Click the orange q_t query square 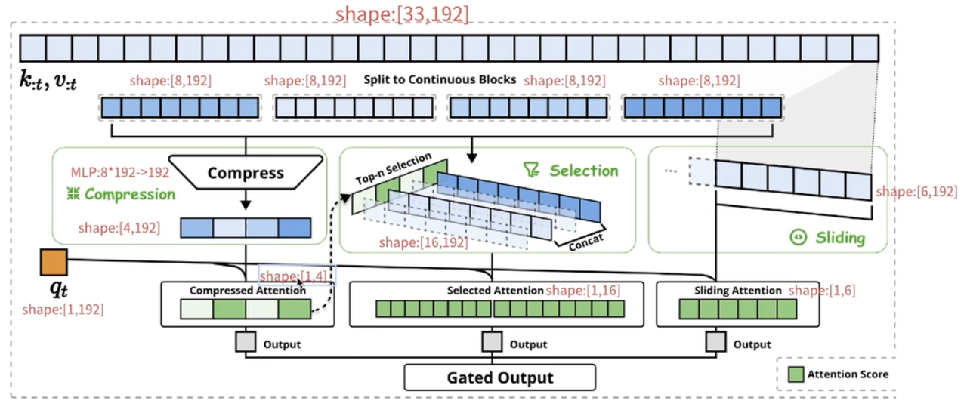[53, 263]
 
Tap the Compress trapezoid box [246, 173]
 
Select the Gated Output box [499, 377]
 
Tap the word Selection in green [583, 171]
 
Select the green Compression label [129, 194]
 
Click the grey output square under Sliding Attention [715, 343]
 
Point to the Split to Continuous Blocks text [440, 79]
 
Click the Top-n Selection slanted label [393, 169]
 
